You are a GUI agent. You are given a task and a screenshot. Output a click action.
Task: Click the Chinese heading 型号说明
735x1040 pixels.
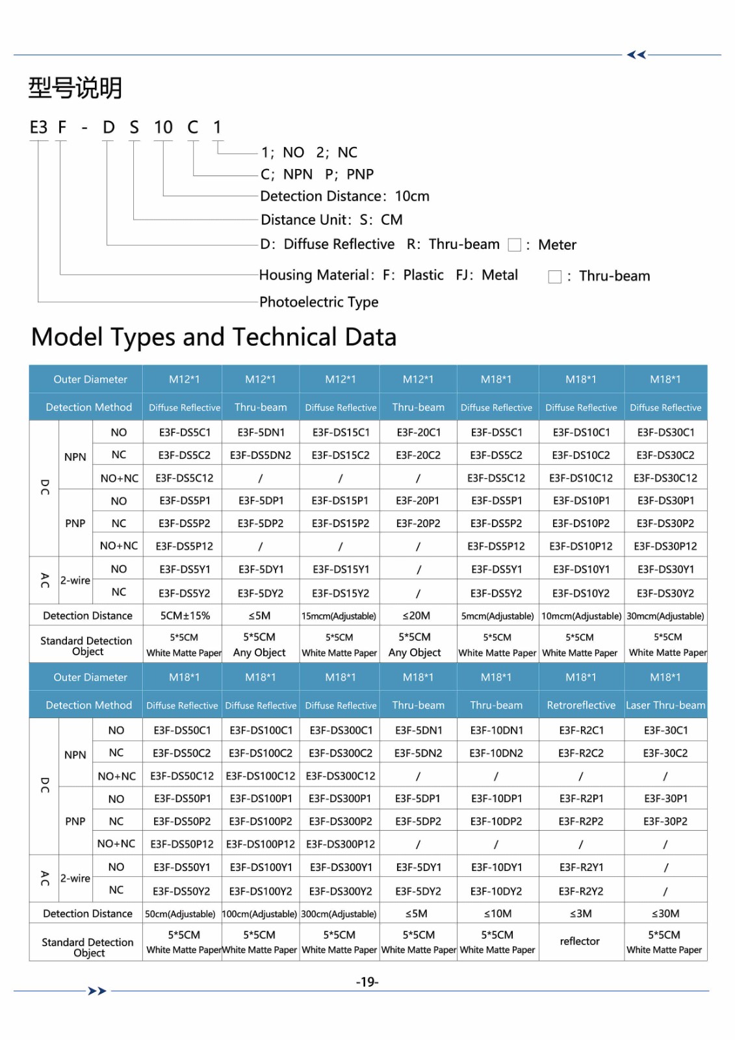click(x=75, y=88)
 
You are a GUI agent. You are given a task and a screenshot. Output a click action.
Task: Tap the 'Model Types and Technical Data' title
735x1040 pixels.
click(x=214, y=337)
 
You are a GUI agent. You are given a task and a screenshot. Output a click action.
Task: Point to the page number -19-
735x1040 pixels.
click(x=367, y=981)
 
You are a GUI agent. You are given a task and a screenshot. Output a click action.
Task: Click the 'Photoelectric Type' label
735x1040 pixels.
click(x=318, y=302)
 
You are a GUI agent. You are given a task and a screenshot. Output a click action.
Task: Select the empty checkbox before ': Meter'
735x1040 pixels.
click(x=514, y=245)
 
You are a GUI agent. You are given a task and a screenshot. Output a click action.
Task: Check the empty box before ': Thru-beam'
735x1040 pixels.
click(x=554, y=276)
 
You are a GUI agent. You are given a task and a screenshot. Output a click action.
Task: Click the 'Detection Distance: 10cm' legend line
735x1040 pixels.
click(x=344, y=196)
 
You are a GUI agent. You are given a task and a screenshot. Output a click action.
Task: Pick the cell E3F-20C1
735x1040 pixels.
click(x=419, y=432)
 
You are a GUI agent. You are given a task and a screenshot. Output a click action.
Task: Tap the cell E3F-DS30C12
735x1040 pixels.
click(x=665, y=478)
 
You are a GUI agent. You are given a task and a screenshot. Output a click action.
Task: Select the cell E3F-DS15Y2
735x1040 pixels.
click(x=340, y=593)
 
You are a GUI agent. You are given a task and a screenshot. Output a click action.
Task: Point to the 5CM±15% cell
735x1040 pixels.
click(x=185, y=616)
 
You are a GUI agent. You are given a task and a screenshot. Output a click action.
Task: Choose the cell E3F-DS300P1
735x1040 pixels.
click(x=340, y=798)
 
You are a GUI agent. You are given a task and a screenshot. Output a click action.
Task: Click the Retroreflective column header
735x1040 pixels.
click(x=580, y=705)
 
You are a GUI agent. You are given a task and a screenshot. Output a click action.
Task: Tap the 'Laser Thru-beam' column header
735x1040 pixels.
click(x=665, y=705)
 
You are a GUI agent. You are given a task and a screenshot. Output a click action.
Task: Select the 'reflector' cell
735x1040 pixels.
click(x=580, y=941)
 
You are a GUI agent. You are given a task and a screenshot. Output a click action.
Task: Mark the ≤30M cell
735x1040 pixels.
click(x=665, y=913)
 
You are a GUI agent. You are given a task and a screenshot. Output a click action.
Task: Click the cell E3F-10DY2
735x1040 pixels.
click(x=496, y=891)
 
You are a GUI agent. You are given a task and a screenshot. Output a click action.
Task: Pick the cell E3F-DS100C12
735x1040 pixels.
click(x=260, y=775)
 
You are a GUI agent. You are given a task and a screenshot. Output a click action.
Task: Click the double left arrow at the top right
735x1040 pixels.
click(x=636, y=55)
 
